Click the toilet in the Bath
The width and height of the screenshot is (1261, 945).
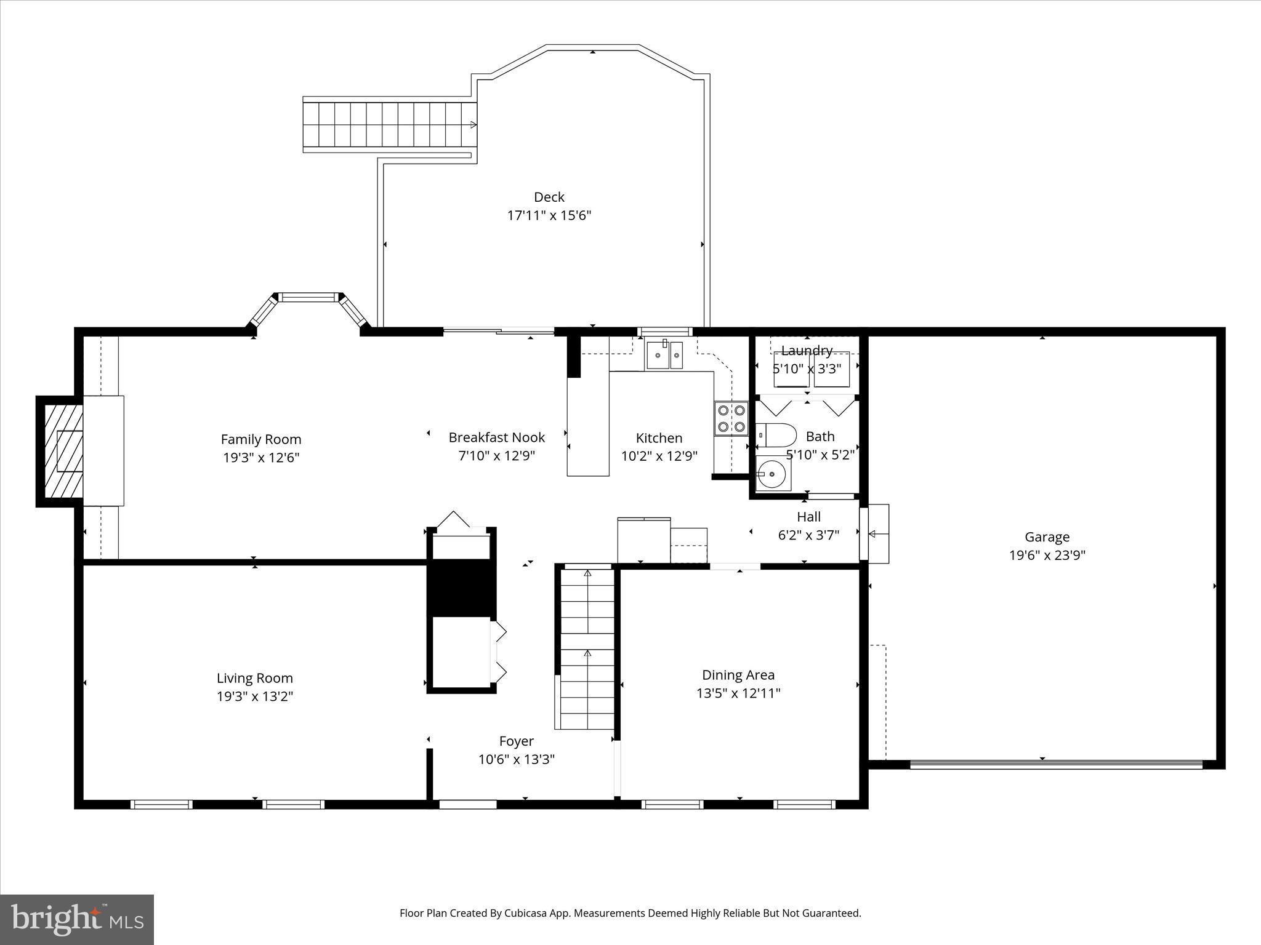pyautogui.click(x=777, y=435)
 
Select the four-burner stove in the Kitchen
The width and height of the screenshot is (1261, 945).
pyautogui.click(x=731, y=418)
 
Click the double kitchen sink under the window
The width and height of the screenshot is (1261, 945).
pyautogui.click(x=664, y=355)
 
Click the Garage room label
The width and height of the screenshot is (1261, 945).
pyautogui.click(x=1047, y=536)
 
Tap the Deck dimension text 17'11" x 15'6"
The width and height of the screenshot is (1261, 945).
pyautogui.click(x=549, y=215)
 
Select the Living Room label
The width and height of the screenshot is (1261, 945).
pyautogui.click(x=254, y=678)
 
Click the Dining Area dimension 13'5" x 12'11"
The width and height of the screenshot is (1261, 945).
pyautogui.click(x=738, y=693)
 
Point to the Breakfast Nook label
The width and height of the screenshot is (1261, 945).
pyautogui.click(x=496, y=437)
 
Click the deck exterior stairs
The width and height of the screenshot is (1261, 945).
pyautogui.click(x=389, y=124)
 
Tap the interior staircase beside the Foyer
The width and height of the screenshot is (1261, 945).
pyautogui.click(x=587, y=649)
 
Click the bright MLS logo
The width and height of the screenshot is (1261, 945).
pyautogui.click(x=77, y=919)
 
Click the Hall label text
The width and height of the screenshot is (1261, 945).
pyautogui.click(x=808, y=517)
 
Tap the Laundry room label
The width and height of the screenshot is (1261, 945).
pyautogui.click(x=807, y=351)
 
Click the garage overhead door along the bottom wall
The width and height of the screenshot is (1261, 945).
pyautogui.click(x=1056, y=765)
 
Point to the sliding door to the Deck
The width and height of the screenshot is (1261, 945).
pyautogui.click(x=499, y=332)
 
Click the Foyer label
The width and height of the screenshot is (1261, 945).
pyautogui.click(x=516, y=741)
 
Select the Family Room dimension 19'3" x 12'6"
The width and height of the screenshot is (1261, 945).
pyautogui.click(x=261, y=458)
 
